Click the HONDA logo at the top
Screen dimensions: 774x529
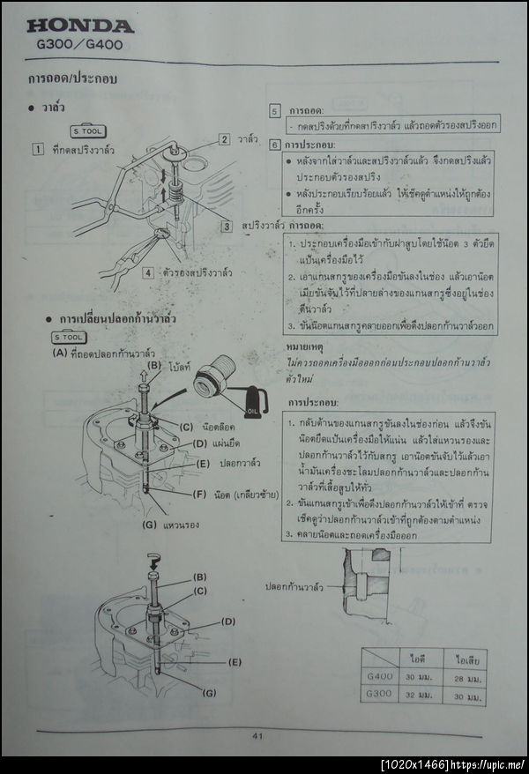tap(81, 26)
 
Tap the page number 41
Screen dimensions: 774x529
tap(257, 735)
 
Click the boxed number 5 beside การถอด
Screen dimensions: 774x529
tap(274, 112)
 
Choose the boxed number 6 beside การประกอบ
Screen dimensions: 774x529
tap(274, 145)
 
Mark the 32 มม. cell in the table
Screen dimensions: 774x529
tap(418, 696)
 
